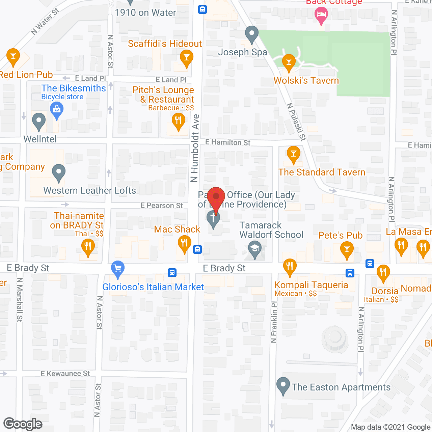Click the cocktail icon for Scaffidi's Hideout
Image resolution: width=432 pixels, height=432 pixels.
pos(186,57)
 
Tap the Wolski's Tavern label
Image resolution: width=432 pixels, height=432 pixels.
pos(306,81)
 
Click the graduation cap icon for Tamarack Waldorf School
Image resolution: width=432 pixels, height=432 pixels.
pos(255,249)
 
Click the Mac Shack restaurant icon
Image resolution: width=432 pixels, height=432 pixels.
pos(184,243)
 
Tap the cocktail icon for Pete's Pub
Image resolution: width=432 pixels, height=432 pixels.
pos(347,250)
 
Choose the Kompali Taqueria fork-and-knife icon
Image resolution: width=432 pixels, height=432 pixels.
pos(290,266)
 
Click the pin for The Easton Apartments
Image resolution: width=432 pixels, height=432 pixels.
pos(283,385)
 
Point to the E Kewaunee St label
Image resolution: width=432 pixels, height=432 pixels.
pos(65,374)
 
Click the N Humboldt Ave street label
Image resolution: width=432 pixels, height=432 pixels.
pos(195,148)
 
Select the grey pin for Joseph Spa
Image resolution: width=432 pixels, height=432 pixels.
pos(251,34)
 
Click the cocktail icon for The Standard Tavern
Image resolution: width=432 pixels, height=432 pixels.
pos(293,154)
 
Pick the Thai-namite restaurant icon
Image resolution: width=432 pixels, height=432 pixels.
pos(88,246)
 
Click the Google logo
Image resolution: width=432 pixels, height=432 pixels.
pos(23,424)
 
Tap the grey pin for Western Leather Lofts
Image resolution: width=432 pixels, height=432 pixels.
pos(59,172)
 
